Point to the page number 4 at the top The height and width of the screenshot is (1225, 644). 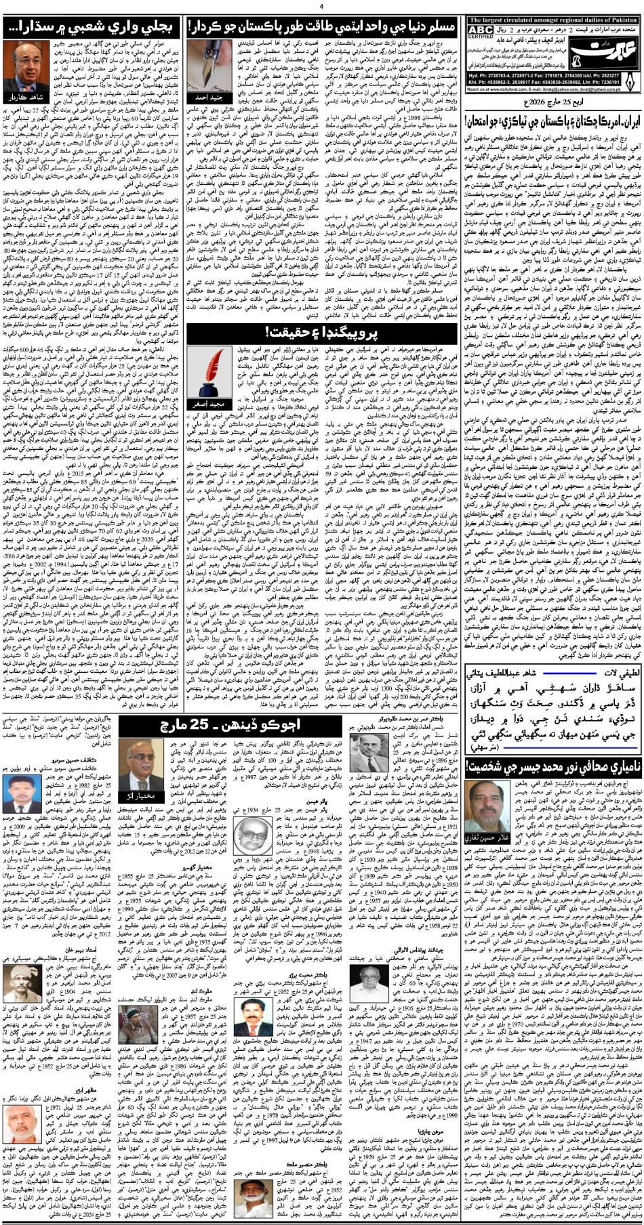pyautogui.click(x=322, y=7)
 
